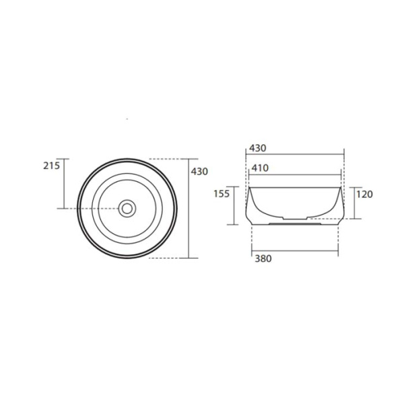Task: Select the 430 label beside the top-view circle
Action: (200, 172)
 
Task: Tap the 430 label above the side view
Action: (259, 147)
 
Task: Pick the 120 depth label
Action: (364, 194)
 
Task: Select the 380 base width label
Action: (263, 259)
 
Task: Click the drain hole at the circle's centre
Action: (127, 208)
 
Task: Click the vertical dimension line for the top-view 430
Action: (189, 208)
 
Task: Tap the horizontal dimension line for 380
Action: (295, 251)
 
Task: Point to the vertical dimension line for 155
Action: (234, 205)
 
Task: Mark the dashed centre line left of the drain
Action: (94, 208)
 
